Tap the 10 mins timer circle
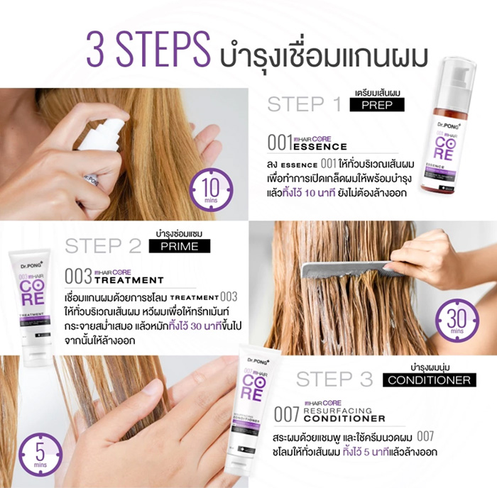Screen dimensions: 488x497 (x=211, y=191)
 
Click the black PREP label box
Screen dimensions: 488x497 (x=377, y=105)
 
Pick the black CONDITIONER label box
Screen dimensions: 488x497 (x=430, y=379)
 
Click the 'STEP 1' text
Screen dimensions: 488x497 (x=304, y=104)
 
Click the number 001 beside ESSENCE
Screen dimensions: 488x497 (x=280, y=143)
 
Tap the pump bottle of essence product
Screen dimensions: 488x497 (x=448, y=127)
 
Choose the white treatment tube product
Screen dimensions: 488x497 (x=31, y=306)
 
